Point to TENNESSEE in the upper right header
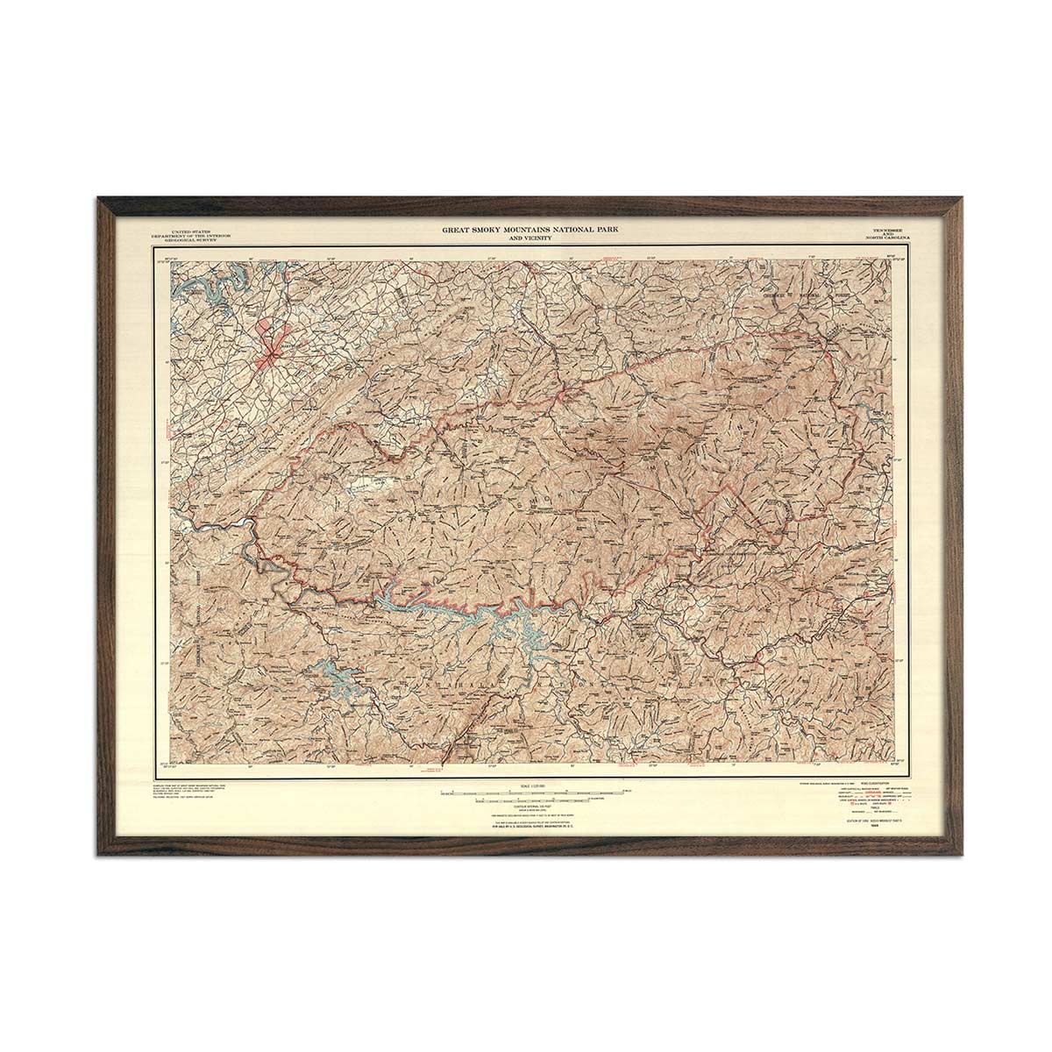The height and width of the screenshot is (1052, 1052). pos(886,229)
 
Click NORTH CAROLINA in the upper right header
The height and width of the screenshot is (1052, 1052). pos(886,239)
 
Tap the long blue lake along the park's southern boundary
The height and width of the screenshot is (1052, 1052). pos(438,604)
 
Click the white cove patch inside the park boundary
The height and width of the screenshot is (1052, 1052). pos(371,483)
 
